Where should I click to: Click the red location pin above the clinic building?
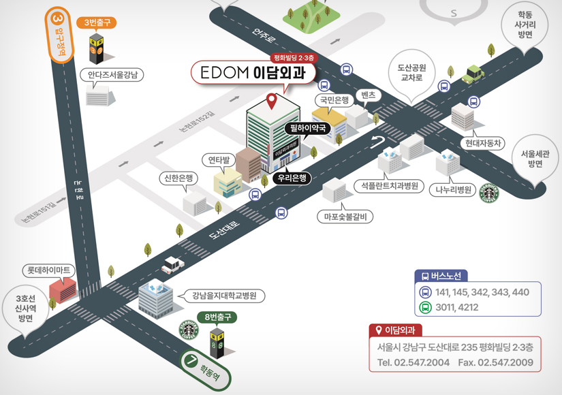[x=271, y=101]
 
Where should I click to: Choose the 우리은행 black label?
[x=291, y=178]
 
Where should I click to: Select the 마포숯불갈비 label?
[x=346, y=217]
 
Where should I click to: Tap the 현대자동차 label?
[x=483, y=143]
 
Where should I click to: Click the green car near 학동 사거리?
[x=473, y=74]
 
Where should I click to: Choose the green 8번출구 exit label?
[x=218, y=317]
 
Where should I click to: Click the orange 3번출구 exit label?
[x=97, y=23]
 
